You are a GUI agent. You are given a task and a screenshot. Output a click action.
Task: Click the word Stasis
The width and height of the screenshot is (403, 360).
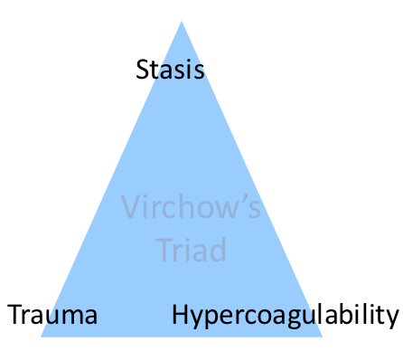pos(170,70)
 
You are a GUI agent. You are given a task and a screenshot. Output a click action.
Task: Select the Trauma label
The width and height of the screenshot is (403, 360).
pos(52,316)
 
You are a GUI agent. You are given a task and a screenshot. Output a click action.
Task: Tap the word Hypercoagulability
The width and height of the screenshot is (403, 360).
pos(285,316)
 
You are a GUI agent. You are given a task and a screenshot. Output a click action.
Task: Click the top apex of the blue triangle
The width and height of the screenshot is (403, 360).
pos(182,21)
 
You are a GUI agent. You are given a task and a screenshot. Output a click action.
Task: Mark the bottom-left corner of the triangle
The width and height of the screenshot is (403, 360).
pos(42,336)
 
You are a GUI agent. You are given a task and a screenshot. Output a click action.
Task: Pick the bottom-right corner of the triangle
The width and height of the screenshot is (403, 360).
pos(322,336)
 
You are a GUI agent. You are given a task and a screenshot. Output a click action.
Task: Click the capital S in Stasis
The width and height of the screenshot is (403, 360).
pos(143,70)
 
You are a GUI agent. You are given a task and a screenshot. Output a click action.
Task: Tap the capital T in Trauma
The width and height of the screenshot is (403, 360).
pos(14,316)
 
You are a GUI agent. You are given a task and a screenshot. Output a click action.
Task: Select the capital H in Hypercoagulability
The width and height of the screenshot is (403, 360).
pos(179,316)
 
